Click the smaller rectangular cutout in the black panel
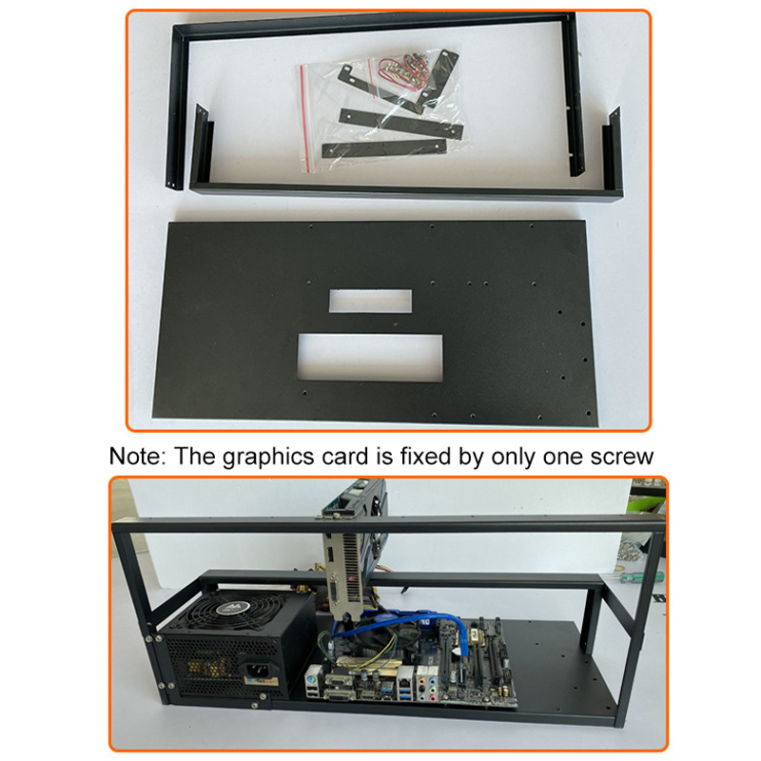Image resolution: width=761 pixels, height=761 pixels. (x=370, y=301)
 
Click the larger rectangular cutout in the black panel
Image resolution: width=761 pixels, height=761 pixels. (x=370, y=358)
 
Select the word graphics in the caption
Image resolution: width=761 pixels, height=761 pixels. (x=268, y=458)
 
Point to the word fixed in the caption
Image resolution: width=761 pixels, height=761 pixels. (x=425, y=457)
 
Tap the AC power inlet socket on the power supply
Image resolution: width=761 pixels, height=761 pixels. (x=257, y=672)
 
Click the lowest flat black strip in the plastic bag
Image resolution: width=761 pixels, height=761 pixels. (x=384, y=148)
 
